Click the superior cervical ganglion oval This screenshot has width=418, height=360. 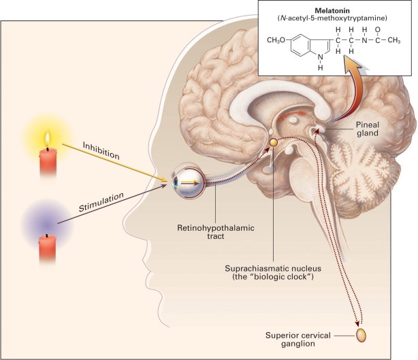[x=361, y=335]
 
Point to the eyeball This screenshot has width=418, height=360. [x=187, y=183]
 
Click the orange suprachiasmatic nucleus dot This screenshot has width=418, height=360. [x=273, y=142]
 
